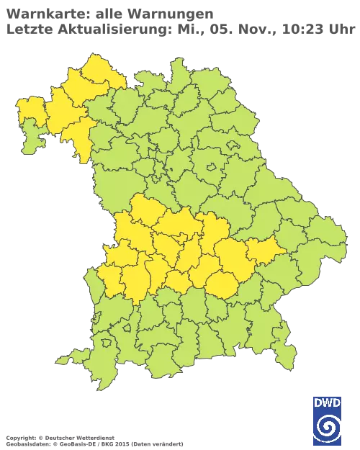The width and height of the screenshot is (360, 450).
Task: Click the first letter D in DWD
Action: click(317, 402)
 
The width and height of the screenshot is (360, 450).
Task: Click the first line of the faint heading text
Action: click(108, 12)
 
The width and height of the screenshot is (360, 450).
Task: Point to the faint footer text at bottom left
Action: click(58, 438)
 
